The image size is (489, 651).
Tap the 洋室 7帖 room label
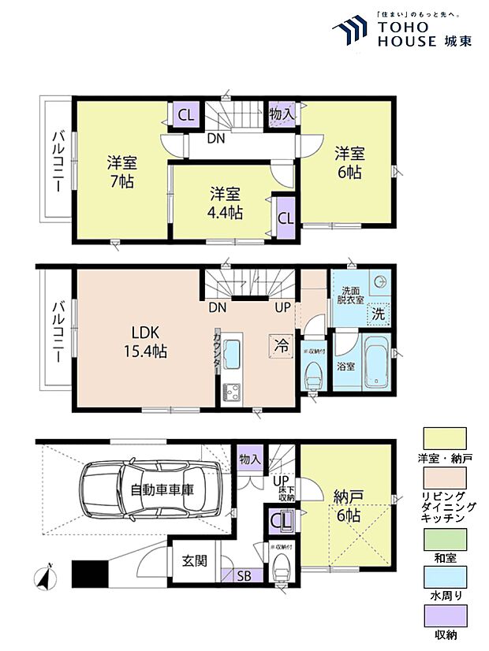(x=121, y=172)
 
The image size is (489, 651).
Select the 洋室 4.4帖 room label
(x=226, y=202)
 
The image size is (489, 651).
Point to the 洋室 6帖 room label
(x=347, y=161)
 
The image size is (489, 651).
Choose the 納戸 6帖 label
(x=347, y=506)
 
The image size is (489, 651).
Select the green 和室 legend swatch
(x=445, y=543)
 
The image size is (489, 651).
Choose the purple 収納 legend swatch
(x=445, y=616)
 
